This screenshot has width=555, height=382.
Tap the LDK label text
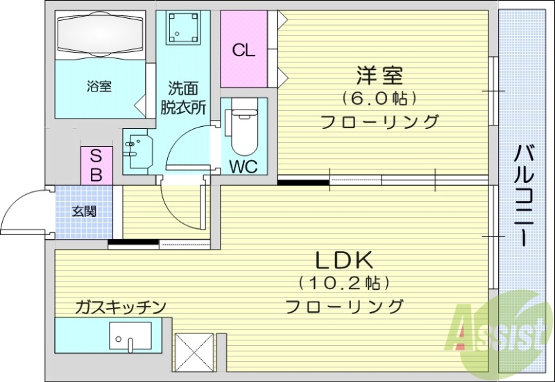(345, 261)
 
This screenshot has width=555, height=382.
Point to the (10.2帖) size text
(344, 283)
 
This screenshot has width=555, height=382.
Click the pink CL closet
(244, 49)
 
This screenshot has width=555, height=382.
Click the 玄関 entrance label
(85, 211)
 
